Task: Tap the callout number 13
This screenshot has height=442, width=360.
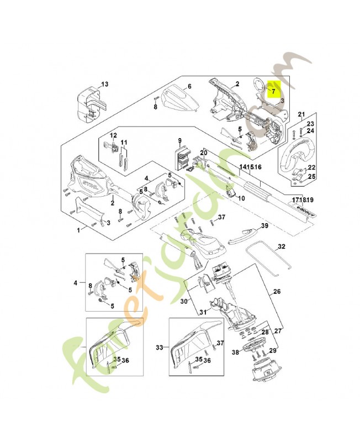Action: (x=104, y=84)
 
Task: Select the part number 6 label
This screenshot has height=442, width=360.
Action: (x=189, y=86)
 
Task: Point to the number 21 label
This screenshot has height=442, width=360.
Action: (x=301, y=114)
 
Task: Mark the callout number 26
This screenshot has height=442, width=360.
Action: (x=277, y=291)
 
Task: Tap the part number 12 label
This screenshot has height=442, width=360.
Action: (x=113, y=135)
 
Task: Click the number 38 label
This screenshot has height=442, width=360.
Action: (x=235, y=351)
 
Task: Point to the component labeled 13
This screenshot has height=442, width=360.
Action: (x=86, y=103)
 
